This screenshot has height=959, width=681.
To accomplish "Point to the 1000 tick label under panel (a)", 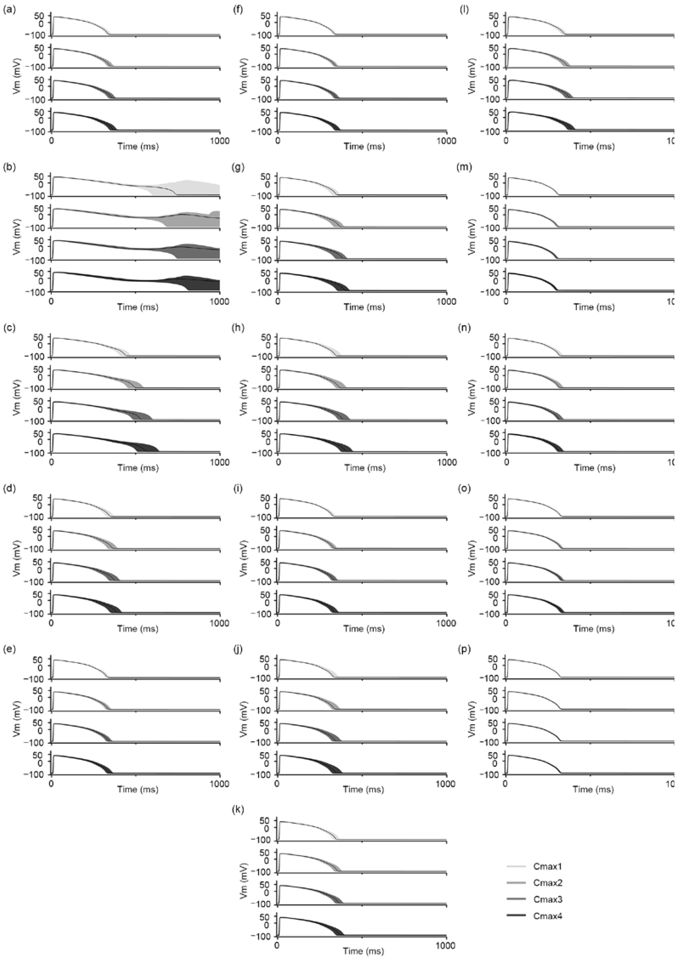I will coord(220,141).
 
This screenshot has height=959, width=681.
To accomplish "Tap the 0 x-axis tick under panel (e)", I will coord(51,783).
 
